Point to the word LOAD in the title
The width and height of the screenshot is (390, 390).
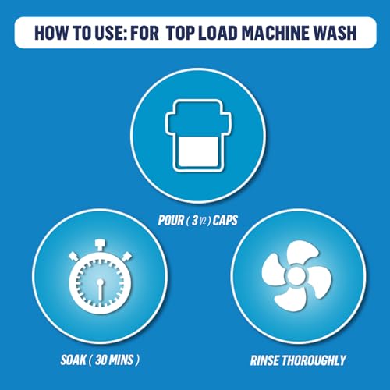[218, 33]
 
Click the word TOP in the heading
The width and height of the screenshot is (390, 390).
[180, 33]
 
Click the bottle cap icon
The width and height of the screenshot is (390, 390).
[198, 136]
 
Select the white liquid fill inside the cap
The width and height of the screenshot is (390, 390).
[198, 153]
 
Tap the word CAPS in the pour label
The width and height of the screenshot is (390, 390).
[225, 221]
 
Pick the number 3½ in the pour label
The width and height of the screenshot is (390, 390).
[199, 221]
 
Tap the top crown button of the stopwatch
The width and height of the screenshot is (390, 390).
[100, 245]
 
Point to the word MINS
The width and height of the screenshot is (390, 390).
[122, 360]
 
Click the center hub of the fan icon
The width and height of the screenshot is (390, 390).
[296, 276]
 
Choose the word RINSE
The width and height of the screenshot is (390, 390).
[265, 360]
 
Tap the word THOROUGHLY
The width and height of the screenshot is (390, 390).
[314, 360]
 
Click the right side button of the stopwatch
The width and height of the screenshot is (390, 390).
[127, 256]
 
